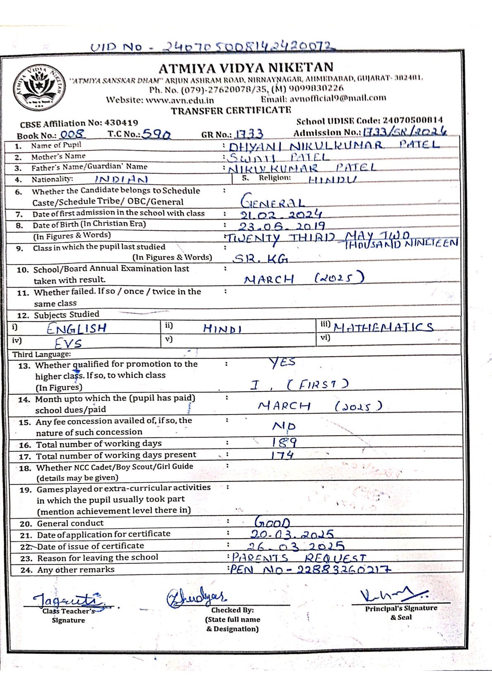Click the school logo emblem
pos(39,88)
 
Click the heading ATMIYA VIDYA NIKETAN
pos(246,68)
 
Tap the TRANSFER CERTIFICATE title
pos(231,110)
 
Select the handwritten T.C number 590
pos(156,134)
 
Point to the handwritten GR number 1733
pos(249,134)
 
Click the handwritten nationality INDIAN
pos(121,179)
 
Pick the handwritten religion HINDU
pos(332,179)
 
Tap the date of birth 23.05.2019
pos(282,226)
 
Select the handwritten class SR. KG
pos(260,259)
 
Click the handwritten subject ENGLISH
pos(76,329)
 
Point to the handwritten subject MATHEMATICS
pos(383,327)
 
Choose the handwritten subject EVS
pos(68,343)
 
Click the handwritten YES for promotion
pos(282,362)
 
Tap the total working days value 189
pos(284,443)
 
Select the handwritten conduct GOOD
pos(272,522)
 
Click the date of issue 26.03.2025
pos(296,546)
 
